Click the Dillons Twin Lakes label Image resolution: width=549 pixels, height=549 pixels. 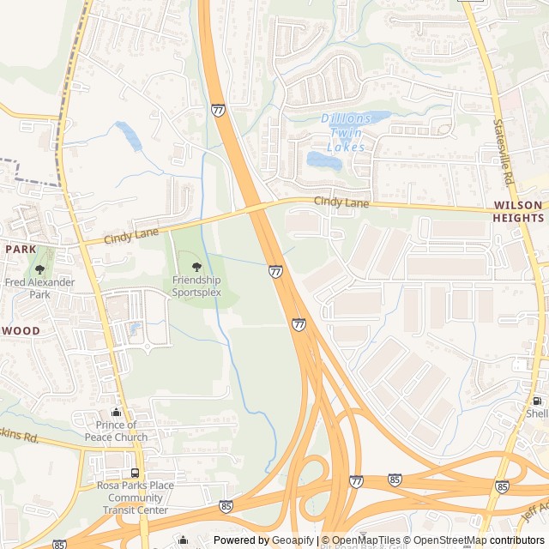(x=347, y=132)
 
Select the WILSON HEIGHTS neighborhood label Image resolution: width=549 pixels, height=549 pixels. (x=518, y=211)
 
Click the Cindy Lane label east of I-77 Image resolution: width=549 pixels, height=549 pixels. (x=341, y=203)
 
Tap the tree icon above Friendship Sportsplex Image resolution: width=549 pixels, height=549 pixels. (x=196, y=267)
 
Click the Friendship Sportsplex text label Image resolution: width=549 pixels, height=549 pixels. (x=196, y=286)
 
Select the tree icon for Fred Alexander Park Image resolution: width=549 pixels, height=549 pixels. (x=39, y=269)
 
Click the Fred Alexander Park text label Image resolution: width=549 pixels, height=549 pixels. (x=39, y=288)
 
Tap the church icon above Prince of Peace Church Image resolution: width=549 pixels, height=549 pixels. (x=116, y=413)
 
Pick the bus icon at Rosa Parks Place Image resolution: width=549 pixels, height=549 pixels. (x=135, y=473)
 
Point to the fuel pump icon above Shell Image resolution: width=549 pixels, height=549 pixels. (x=536, y=401)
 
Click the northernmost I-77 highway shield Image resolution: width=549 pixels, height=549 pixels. (x=219, y=110)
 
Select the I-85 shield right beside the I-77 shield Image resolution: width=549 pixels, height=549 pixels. (x=395, y=479)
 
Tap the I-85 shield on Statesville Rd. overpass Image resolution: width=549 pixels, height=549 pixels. (x=502, y=486)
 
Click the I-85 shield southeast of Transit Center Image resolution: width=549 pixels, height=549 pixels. (x=226, y=507)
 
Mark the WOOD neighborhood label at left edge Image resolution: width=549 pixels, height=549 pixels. (x=20, y=330)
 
